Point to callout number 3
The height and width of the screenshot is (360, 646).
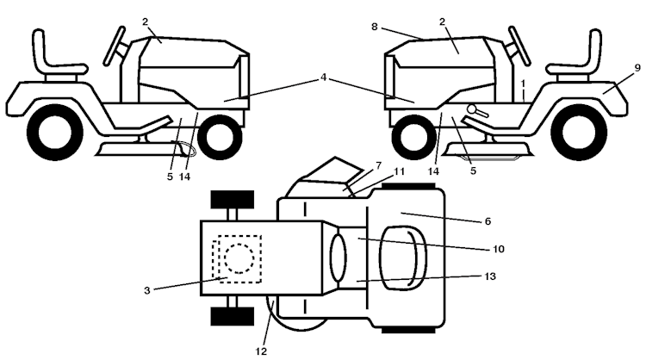147,290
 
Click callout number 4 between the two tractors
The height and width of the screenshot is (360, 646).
322,78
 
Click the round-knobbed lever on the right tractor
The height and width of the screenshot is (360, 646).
475,110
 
